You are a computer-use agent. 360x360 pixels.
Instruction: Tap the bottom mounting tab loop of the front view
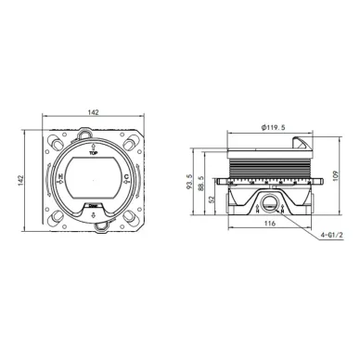point(94,229)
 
